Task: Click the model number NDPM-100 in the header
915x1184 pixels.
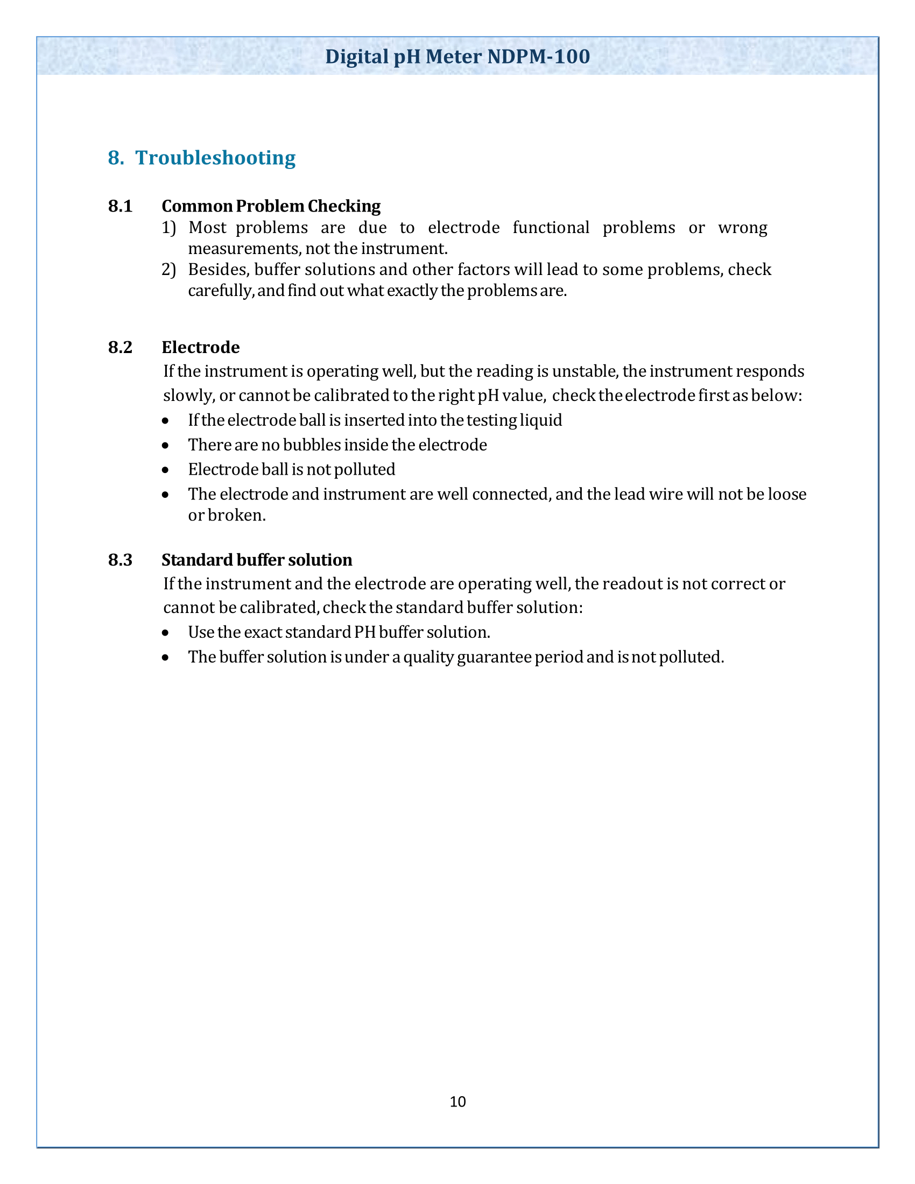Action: [538, 57]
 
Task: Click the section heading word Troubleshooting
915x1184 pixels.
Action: [215, 158]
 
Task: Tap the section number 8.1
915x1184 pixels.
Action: [121, 206]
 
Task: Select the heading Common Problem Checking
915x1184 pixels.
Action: [271, 206]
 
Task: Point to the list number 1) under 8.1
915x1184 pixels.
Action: [169, 228]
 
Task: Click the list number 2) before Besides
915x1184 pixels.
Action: [169, 270]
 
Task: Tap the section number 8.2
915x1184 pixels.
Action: [121, 347]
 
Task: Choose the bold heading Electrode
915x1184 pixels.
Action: [201, 347]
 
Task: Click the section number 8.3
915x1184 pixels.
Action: [121, 560]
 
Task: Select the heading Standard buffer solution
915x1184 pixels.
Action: [257, 560]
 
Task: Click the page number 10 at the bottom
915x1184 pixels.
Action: [457, 1102]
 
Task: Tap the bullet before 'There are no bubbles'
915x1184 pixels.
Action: [165, 446]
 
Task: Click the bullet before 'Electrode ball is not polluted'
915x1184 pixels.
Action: [165, 470]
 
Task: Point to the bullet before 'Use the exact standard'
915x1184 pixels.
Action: [165, 633]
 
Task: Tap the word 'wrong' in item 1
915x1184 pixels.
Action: [743, 228]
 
